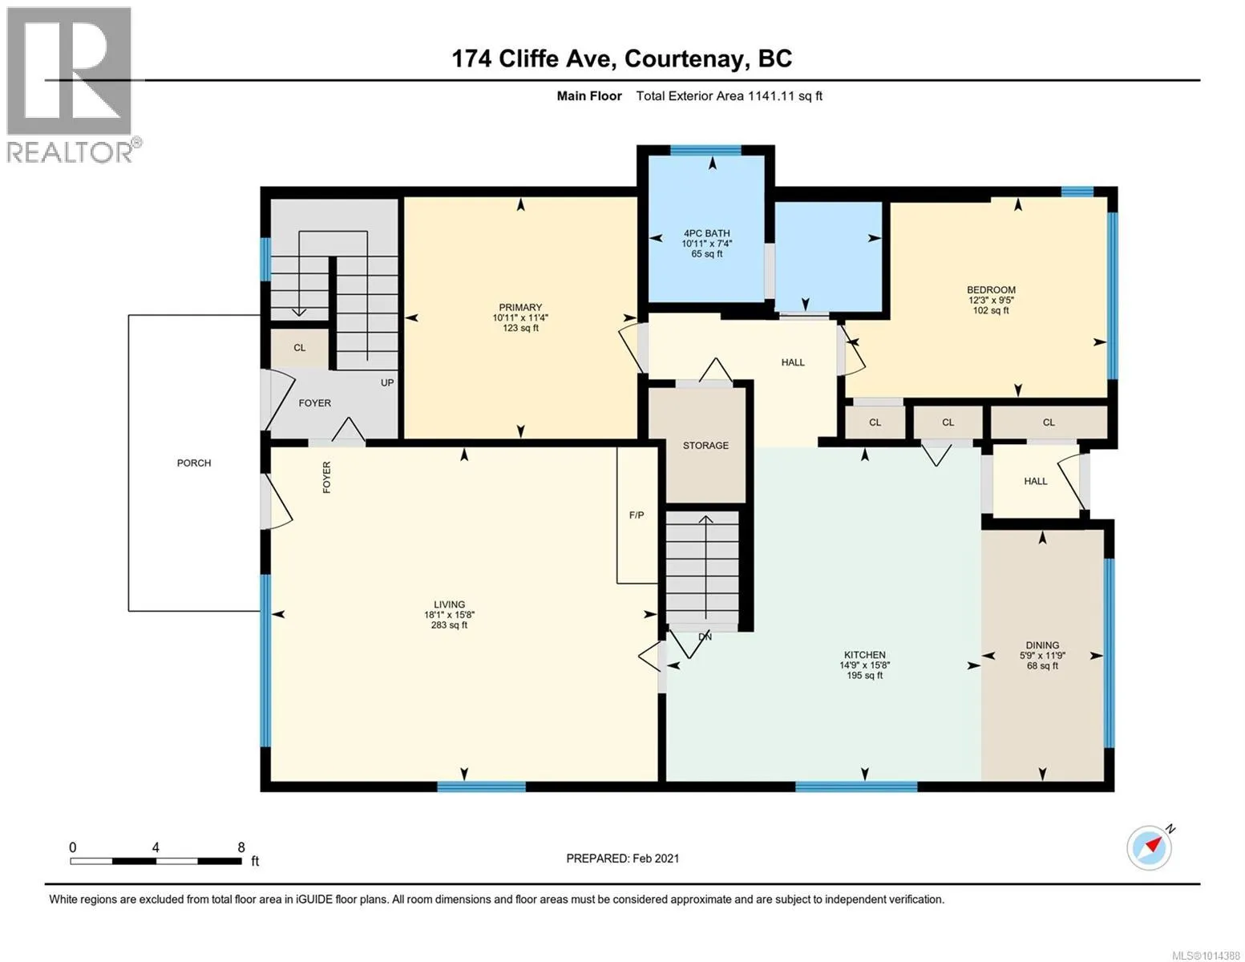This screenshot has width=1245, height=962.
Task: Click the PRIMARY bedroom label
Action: pyautogui.click(x=519, y=307)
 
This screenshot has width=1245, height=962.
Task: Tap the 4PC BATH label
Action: pyautogui.click(x=706, y=233)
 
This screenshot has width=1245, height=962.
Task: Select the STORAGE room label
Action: pyautogui.click(x=705, y=445)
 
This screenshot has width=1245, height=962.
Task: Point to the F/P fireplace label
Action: pyautogui.click(x=636, y=515)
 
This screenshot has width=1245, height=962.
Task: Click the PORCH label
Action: pyautogui.click(x=194, y=463)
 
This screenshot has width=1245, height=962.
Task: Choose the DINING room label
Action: pyautogui.click(x=1042, y=645)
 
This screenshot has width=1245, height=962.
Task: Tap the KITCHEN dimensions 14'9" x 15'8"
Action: pyautogui.click(x=864, y=665)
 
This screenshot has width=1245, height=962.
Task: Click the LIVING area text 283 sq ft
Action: pyautogui.click(x=449, y=625)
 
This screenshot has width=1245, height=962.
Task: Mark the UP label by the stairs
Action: pyautogui.click(x=387, y=382)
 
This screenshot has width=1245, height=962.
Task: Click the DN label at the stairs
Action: pyautogui.click(x=705, y=637)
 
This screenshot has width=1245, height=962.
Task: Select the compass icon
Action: pyautogui.click(x=1150, y=848)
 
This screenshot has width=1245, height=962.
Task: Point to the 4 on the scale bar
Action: pyautogui.click(x=156, y=847)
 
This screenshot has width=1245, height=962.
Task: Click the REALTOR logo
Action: pyautogui.click(x=71, y=85)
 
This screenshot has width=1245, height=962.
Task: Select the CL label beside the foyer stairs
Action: pyautogui.click(x=300, y=348)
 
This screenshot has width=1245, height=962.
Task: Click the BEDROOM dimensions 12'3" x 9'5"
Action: pyautogui.click(x=991, y=301)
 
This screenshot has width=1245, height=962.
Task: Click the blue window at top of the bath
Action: pyautogui.click(x=705, y=151)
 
